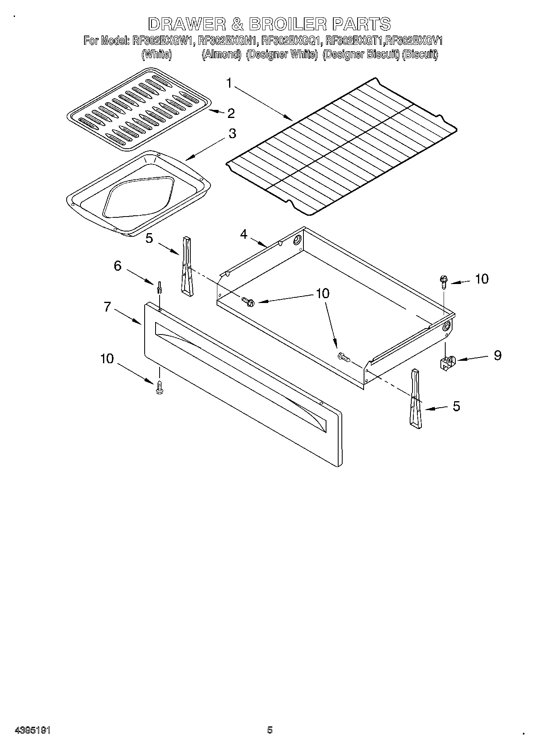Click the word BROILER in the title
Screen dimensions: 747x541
[x=287, y=24]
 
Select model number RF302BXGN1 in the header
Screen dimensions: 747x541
[x=228, y=41]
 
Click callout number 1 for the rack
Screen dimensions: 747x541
[x=229, y=84]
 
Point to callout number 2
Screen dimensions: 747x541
[x=231, y=114]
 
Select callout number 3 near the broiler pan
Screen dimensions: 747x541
[x=232, y=133]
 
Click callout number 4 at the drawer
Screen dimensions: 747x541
[x=243, y=234]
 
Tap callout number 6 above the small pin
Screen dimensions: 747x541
[x=117, y=266]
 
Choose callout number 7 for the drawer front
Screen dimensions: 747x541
[x=107, y=307]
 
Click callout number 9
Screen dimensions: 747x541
[x=498, y=355]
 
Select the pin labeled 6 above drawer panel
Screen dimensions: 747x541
[x=160, y=288]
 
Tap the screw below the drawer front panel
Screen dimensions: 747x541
[x=159, y=388]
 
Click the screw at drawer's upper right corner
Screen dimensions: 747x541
[x=444, y=281]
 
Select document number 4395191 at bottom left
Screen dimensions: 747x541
[x=32, y=730]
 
